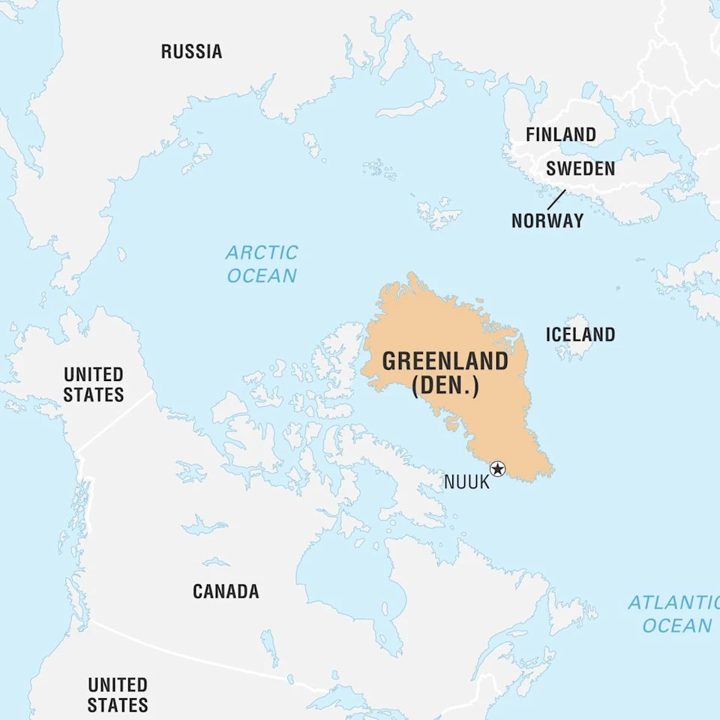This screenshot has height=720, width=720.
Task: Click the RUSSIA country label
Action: point(191,52)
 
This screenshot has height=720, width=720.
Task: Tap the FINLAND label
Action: point(560,135)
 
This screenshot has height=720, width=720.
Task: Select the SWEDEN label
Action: point(580,169)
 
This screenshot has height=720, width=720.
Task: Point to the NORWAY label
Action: point(547,220)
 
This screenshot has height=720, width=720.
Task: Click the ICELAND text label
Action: point(580,334)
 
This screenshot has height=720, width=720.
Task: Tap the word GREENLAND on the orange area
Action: point(445,361)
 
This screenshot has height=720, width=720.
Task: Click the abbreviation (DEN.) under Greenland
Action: point(445,385)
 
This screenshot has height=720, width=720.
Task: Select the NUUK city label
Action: point(466,482)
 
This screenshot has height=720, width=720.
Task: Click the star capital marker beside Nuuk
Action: point(497,469)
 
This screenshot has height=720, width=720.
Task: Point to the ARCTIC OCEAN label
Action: point(262,264)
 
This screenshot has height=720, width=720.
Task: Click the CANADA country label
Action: point(226,591)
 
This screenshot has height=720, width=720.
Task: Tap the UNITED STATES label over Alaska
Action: point(93,384)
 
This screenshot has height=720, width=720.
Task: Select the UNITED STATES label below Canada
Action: point(118,694)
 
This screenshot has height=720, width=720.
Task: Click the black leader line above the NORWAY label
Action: point(556,199)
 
